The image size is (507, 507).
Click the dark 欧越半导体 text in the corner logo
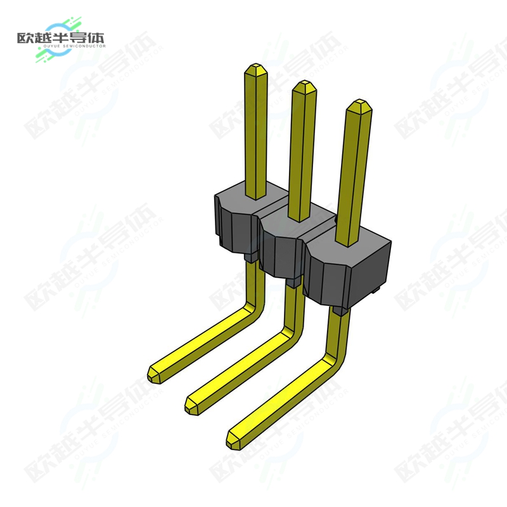60,37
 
